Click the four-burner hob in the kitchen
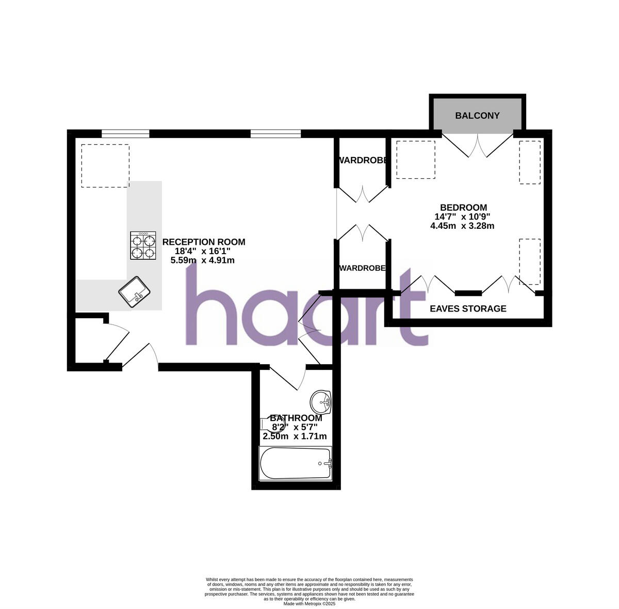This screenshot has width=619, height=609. [x=143, y=245]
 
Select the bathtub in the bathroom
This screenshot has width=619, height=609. [x=296, y=464]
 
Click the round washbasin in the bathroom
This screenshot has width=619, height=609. [x=321, y=400]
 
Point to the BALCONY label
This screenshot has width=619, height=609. [x=477, y=116]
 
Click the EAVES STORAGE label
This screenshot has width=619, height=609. [x=468, y=309]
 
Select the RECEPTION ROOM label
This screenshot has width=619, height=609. [x=204, y=242]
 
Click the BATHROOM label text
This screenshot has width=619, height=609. [x=296, y=418]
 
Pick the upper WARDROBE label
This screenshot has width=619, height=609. [x=362, y=160]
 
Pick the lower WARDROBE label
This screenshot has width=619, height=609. [x=362, y=268]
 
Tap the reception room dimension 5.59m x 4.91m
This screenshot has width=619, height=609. [x=203, y=260]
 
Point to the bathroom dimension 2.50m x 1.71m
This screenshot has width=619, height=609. [x=295, y=436]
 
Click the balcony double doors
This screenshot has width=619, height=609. [x=478, y=145]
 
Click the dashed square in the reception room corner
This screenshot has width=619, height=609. [x=105, y=166]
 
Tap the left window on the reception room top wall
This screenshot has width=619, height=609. [x=125, y=134]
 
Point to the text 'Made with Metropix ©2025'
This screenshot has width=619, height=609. [x=309, y=603]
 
